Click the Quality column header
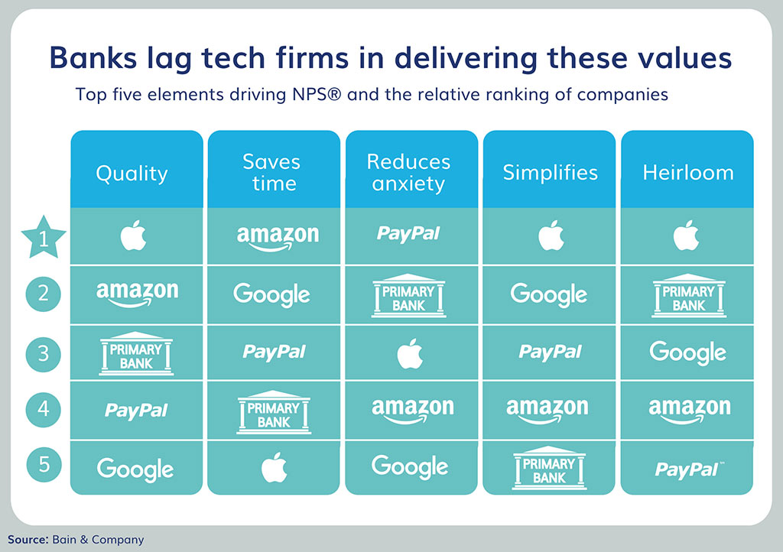pyautogui.click(x=132, y=174)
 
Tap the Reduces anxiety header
pyautogui.click(x=408, y=173)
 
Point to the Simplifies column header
pyautogui.click(x=550, y=173)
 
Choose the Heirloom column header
pyautogui.click(x=688, y=173)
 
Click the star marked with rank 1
pyautogui.click(x=44, y=238)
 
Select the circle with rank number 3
pyautogui.click(x=44, y=353)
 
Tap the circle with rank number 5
pyautogui.click(x=44, y=465)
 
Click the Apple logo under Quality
pyautogui.click(x=133, y=235)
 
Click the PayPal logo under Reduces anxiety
pyautogui.click(x=408, y=234)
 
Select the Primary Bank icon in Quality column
pyautogui.click(x=136, y=353)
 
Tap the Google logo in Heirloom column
pyautogui.click(x=687, y=353)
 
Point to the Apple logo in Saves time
pyautogui.click(x=275, y=468)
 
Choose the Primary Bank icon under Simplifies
pyautogui.click(x=549, y=467)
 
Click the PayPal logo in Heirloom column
pyautogui.click(x=689, y=469)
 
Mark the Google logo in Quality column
pyautogui.click(x=135, y=469)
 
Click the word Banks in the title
pyautogui.click(x=93, y=58)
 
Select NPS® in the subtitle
pyautogui.click(x=317, y=94)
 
